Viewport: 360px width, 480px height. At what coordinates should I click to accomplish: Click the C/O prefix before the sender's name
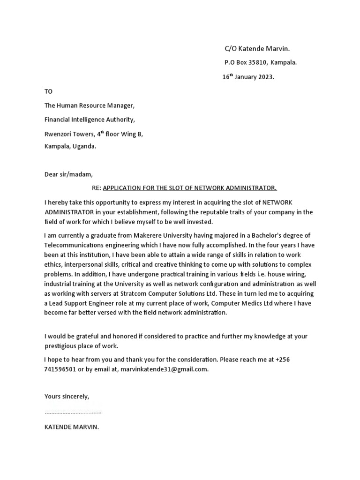[230, 49]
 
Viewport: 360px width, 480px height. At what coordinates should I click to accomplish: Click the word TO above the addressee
[49, 91]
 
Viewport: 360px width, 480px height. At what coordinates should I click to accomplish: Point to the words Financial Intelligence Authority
[90, 120]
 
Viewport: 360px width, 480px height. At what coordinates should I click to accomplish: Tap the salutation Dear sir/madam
[68, 174]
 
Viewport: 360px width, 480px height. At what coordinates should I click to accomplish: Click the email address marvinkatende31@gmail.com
[164, 369]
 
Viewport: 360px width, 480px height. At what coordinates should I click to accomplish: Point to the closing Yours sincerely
[67, 397]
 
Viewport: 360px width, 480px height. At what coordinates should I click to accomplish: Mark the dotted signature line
[73, 412]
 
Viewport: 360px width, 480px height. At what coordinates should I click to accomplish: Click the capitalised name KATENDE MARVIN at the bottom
[71, 427]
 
